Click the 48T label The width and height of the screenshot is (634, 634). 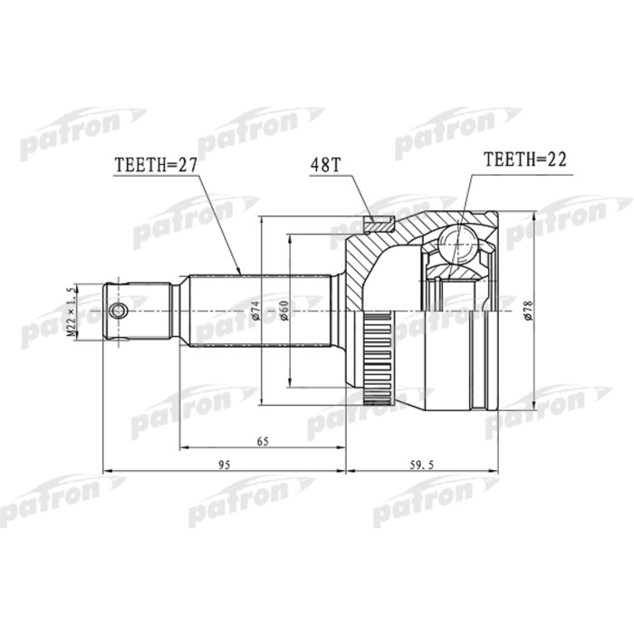point(324,166)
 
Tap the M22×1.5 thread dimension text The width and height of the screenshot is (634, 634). point(70,312)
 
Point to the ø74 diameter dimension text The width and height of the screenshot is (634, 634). point(256,310)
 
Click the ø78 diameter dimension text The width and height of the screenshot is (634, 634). point(527,310)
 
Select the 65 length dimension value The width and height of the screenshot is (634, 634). point(263,441)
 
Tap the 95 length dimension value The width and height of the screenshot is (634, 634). point(226,465)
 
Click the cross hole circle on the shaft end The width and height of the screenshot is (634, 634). point(118,311)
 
